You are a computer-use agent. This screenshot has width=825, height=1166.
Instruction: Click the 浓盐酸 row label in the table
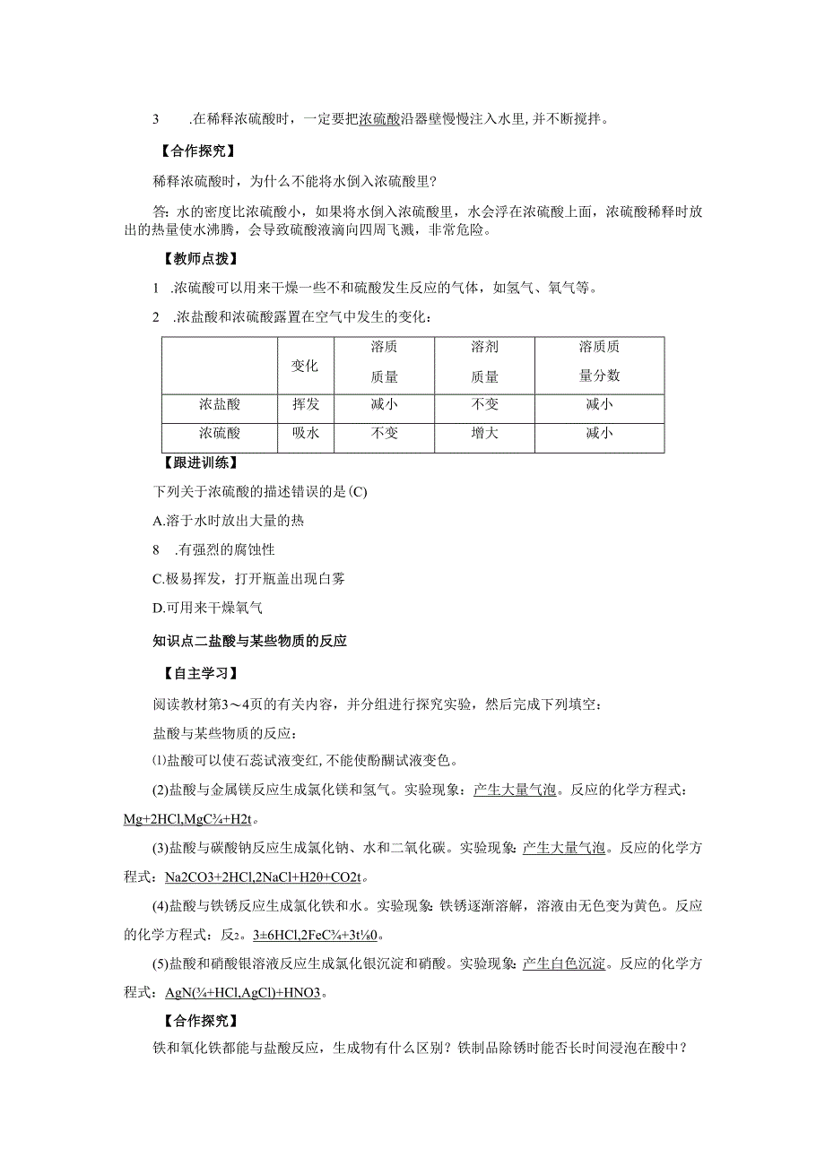pos(220,404)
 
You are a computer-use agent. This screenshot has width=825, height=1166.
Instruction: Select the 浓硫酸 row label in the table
pos(220,433)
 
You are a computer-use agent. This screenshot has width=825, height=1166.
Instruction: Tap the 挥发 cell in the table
pos(306,404)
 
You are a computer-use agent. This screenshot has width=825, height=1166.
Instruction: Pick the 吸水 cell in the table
pos(306,433)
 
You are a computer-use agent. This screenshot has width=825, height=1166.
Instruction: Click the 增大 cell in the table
pos(484,433)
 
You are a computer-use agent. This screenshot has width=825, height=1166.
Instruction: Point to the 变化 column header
pos(306,366)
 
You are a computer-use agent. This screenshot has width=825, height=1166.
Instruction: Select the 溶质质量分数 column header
pos(599,362)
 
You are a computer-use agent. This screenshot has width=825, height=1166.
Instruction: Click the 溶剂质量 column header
pos(484,362)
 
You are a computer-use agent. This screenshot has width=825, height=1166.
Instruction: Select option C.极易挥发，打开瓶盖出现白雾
pos(250,578)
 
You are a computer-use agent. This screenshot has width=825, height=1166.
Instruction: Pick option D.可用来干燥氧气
pos(208,608)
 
